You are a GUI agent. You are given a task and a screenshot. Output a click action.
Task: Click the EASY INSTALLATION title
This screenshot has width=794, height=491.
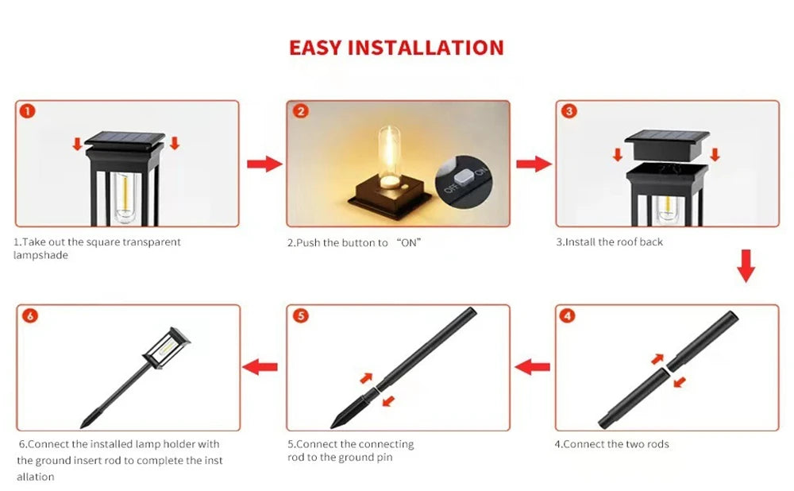(396, 48)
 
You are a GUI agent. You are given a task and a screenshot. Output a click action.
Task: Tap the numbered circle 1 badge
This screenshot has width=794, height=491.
(28, 111)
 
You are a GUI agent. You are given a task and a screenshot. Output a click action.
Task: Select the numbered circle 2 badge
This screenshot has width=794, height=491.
(300, 111)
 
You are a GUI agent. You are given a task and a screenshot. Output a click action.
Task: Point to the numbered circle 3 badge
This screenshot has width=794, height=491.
(569, 111)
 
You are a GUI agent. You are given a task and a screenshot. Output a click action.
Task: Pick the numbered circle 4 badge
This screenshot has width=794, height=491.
(567, 316)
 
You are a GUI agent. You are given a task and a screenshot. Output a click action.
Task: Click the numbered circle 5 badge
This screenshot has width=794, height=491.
(300, 316)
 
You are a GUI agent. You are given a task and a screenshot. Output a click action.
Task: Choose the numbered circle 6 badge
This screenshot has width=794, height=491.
(30, 316)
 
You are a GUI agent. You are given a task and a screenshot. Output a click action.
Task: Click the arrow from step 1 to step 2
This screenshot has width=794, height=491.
(264, 164)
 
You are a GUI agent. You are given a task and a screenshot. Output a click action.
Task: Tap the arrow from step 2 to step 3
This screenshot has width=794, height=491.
(533, 164)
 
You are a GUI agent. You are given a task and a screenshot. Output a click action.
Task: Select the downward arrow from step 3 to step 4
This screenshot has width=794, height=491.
(745, 265)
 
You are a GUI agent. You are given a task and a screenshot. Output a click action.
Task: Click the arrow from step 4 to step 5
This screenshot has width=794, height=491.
(533, 367)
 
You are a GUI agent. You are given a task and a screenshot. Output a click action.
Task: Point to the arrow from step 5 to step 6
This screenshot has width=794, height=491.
(260, 367)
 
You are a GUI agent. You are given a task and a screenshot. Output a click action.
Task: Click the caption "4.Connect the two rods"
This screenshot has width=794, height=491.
(611, 444)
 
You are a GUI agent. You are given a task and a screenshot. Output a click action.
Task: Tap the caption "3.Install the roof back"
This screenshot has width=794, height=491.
(609, 242)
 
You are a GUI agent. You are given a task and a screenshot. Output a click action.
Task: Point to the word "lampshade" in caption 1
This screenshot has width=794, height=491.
(40, 255)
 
